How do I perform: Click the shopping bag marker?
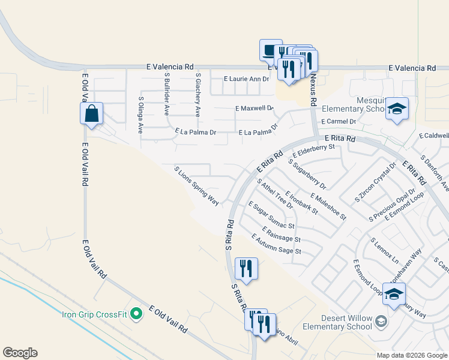pyautogui.click(x=91, y=113)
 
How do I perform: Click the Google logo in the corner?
pyautogui.click(x=20, y=353)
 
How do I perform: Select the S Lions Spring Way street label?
pyautogui.click(x=196, y=186)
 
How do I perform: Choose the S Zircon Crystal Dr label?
pyautogui.click(x=376, y=182)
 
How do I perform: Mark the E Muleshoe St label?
pyautogui.click(x=328, y=205)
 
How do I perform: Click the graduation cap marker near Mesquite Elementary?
pyautogui.click(x=397, y=109)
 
